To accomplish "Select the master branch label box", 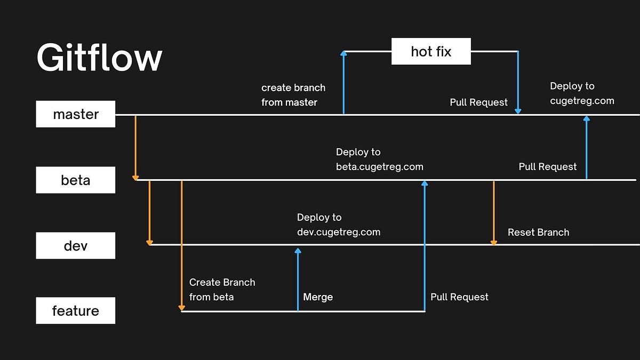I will [76, 114].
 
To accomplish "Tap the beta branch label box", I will [76, 180].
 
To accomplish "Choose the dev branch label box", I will [76, 246].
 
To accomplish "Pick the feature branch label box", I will [76, 311].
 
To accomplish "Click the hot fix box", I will [431, 51].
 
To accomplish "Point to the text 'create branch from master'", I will [293, 95].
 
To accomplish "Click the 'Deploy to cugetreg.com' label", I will [581, 93].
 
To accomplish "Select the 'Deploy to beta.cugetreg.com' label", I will [379, 159].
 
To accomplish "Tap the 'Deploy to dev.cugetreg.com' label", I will [338, 225].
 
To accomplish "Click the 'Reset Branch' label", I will [538, 233].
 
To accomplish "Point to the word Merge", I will [318, 297].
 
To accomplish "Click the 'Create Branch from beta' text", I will [222, 290].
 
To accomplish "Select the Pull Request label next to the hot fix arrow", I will [478, 102].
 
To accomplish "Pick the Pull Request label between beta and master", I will [547, 167].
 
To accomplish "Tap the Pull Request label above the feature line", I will [459, 297].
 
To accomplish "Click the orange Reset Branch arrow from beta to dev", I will [493, 213].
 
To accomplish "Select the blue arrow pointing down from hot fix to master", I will [518, 83].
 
